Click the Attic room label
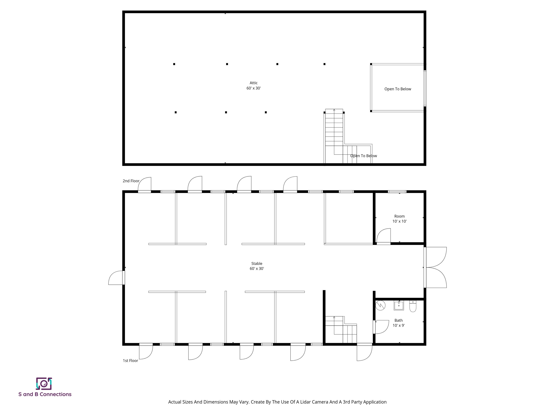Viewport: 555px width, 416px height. click(x=253, y=85)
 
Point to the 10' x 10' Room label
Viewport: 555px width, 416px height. click(x=399, y=219)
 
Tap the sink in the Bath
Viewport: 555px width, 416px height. click(x=399, y=305)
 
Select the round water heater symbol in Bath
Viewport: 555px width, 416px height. click(x=380, y=305)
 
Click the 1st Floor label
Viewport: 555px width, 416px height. click(x=130, y=361)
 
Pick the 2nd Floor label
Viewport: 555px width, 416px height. click(x=131, y=181)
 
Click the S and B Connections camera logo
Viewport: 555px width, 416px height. click(x=44, y=384)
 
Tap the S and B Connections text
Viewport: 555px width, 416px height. click(x=45, y=394)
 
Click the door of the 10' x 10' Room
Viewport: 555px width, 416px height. click(x=384, y=236)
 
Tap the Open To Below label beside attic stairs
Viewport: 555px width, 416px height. click(x=363, y=156)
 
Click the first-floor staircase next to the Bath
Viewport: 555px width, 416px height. click(x=341, y=330)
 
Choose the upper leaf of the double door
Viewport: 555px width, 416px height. click(x=435, y=257)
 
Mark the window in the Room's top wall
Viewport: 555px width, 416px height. click(x=397, y=192)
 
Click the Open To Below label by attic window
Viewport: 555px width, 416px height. click(x=398, y=89)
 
